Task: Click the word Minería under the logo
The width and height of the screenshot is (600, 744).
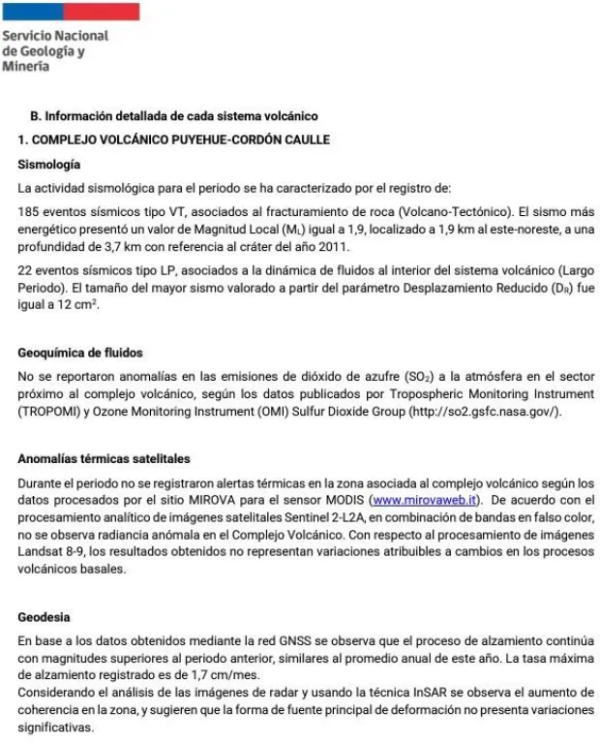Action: click(26, 67)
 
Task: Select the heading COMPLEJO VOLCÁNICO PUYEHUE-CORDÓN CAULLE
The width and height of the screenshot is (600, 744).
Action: click(180, 139)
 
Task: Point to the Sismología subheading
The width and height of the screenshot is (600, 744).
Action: click(49, 164)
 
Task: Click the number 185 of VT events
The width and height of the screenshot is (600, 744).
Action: click(29, 211)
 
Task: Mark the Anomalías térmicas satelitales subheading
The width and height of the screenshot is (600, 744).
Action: click(105, 459)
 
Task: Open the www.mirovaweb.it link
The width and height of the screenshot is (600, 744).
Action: click(426, 499)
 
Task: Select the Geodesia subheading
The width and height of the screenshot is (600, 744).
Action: click(45, 617)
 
